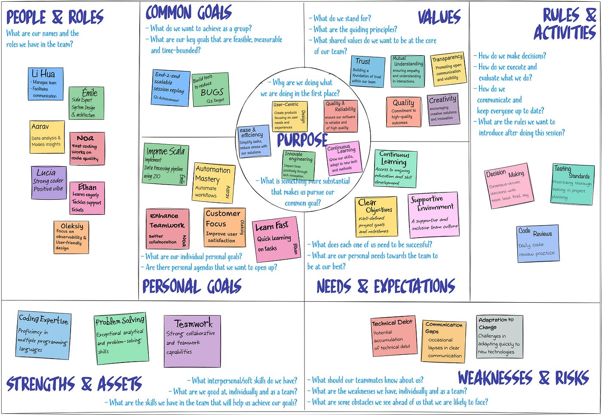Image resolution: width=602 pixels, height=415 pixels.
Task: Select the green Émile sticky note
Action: click(x=86, y=103)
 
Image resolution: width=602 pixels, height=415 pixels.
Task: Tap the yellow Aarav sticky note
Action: click(x=47, y=136)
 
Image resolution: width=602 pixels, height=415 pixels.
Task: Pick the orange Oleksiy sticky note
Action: click(x=71, y=237)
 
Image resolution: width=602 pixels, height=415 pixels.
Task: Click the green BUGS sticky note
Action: click(x=210, y=90)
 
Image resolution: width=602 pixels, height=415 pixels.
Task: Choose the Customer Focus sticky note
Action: click(x=224, y=227)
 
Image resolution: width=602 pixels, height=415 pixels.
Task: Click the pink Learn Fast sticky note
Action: click(x=276, y=239)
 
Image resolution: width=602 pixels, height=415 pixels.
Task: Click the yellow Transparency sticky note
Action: click(x=448, y=69)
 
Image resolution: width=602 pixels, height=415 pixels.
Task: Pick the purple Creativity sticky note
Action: click(x=443, y=110)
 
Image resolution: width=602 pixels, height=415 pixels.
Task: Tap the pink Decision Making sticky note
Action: click(x=507, y=186)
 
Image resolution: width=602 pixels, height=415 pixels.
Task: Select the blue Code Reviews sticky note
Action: click(x=538, y=243)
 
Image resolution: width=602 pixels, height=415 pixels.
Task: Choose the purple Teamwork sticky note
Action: click(x=192, y=341)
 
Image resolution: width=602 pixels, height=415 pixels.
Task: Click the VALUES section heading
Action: click(x=439, y=18)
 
